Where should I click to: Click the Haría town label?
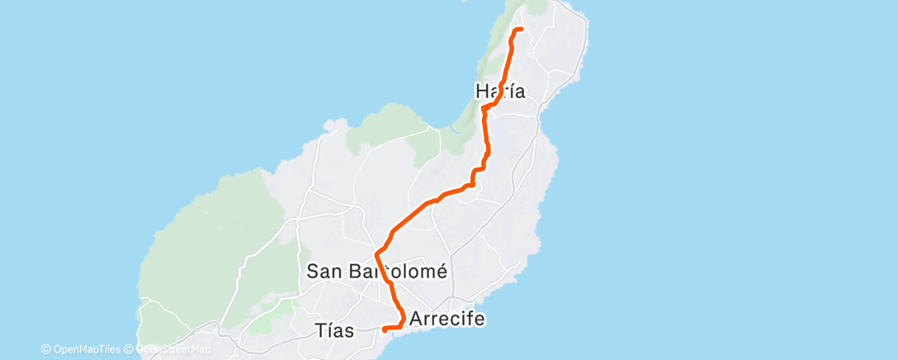coord(500,92)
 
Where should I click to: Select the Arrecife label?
coord(447,318)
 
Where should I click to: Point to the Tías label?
coord(334,331)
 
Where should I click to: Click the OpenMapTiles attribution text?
coord(85,349)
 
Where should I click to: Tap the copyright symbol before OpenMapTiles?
coord(45,349)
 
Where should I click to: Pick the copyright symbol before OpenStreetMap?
coord(130,349)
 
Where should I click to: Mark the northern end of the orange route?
coord(522,30)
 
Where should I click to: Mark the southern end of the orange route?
coord(384,330)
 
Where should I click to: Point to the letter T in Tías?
coord(320,331)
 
